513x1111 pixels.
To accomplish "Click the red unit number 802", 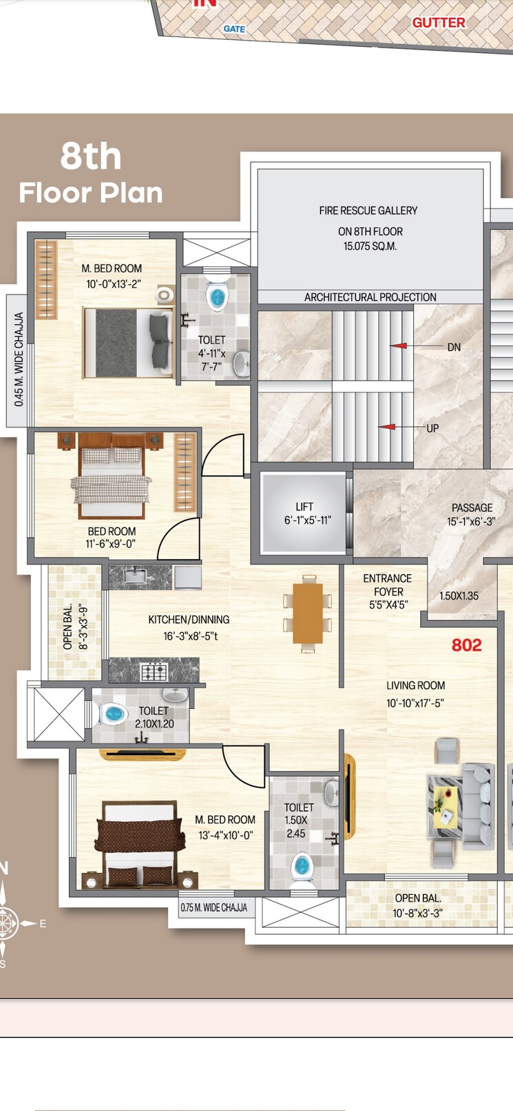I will pos(466,645).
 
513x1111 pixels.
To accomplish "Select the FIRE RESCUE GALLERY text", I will pos(368,211).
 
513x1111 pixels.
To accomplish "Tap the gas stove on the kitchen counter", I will pos(154,670).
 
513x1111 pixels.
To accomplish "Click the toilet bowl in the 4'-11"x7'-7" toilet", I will pos(217,297).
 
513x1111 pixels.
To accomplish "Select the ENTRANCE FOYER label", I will pos(388,591).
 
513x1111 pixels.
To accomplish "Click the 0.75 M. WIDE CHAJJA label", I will pos(213,907).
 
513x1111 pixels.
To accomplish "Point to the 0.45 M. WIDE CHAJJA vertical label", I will pos(19,359).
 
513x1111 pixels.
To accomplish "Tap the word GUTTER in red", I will pos(439,23).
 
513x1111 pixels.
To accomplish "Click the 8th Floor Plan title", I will pos(91,173).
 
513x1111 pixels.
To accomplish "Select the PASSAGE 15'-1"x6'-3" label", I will pos(472,514).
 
